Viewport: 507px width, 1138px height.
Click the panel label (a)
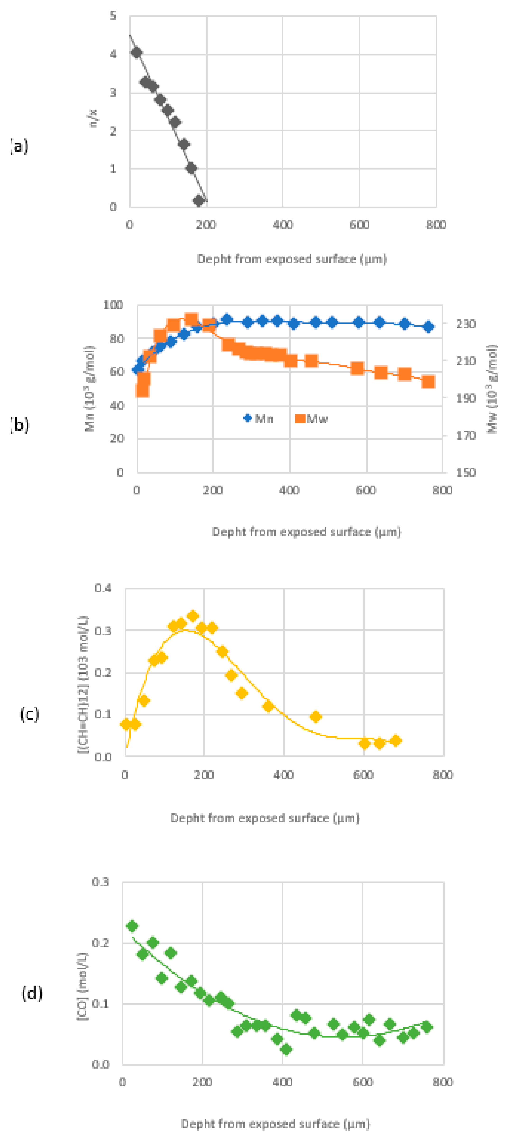click(19, 146)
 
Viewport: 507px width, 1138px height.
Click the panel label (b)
click(20, 425)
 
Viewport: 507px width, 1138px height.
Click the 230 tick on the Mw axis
click(466, 324)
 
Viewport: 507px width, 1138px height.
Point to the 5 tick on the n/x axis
click(113, 16)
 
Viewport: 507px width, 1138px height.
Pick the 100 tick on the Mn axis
click(113, 305)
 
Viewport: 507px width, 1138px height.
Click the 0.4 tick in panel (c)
click(103, 588)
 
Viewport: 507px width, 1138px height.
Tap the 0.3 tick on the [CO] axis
click(100, 881)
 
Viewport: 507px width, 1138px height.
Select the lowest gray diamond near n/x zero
click(199, 201)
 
